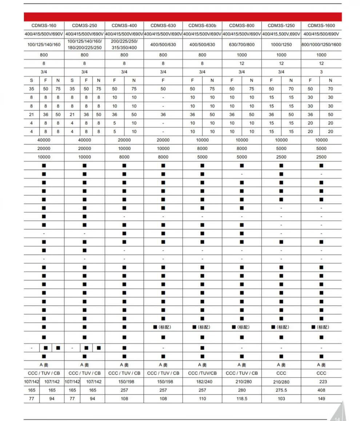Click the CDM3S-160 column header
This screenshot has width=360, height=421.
pyautogui.click(x=44, y=25)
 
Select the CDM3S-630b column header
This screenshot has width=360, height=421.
pyautogui.click(x=202, y=25)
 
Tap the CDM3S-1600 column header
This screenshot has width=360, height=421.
pyautogui.click(x=321, y=25)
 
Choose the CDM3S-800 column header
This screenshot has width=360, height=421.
pyautogui.click(x=242, y=25)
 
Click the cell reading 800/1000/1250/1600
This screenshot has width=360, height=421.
pyautogui.click(x=321, y=44)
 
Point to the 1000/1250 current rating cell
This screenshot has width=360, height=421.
pyautogui.click(x=281, y=44)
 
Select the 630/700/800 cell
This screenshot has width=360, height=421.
pyautogui.click(x=242, y=44)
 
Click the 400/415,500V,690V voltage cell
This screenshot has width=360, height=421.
pyautogui.click(x=281, y=34)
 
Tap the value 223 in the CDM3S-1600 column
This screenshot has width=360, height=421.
pyautogui.click(x=321, y=382)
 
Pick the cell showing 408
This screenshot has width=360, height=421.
pyautogui.click(x=321, y=390)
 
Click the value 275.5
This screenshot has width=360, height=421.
pyautogui.click(x=281, y=390)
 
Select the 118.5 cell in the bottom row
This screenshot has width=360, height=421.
pyautogui.click(x=242, y=398)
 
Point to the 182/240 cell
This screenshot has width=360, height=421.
pyautogui.click(x=202, y=382)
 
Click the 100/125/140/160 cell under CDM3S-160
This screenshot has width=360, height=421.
pyautogui.click(x=44, y=44)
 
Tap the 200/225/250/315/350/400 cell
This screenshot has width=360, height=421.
pyautogui.click(x=124, y=44)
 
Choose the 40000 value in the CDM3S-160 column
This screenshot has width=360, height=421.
pyautogui.click(x=44, y=140)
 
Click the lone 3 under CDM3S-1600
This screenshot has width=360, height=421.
pyautogui.click(x=321, y=72)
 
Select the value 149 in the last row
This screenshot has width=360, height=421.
pyautogui.click(x=321, y=398)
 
